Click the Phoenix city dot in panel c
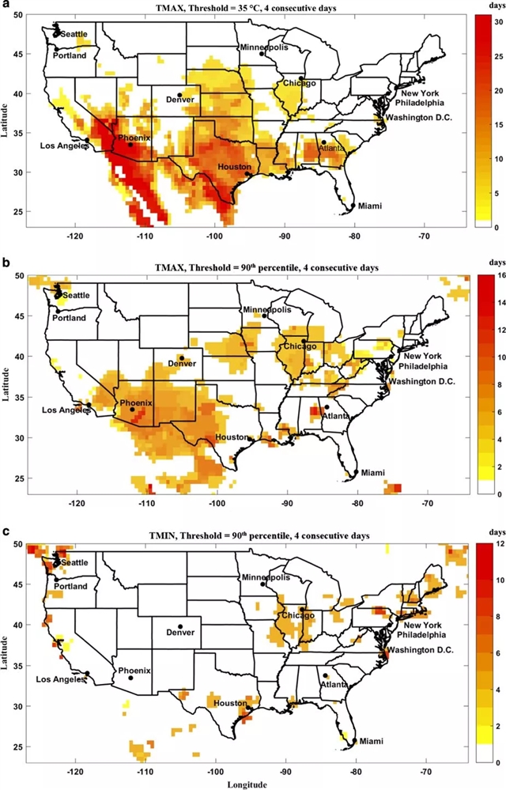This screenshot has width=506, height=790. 131,678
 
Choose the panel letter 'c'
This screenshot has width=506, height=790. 5,532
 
